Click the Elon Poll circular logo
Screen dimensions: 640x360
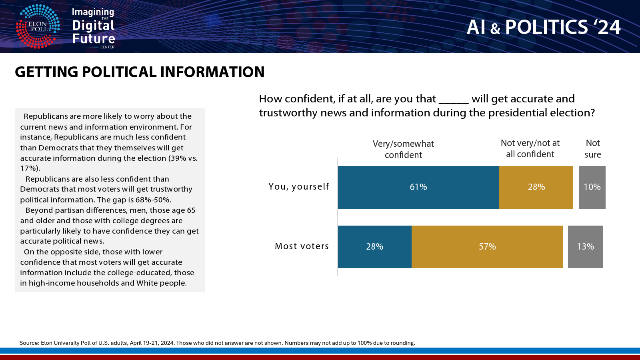click(38, 26)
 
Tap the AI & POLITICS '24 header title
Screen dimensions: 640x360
click(544, 28)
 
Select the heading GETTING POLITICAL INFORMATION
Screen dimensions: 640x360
click(140, 72)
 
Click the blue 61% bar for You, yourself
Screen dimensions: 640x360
click(418, 187)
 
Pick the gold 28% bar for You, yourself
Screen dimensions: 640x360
click(536, 187)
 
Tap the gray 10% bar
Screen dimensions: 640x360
click(592, 187)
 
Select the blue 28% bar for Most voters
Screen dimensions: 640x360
click(375, 246)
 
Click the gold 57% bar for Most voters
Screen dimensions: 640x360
click(487, 246)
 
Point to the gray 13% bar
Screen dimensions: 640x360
click(586, 246)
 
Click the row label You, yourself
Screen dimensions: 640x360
click(299, 187)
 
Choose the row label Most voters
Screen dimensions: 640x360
click(302, 246)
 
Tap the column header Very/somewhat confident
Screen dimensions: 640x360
click(403, 149)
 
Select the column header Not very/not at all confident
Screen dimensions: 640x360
click(530, 148)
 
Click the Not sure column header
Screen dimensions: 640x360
click(593, 148)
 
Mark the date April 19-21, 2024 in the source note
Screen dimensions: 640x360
click(152, 343)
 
